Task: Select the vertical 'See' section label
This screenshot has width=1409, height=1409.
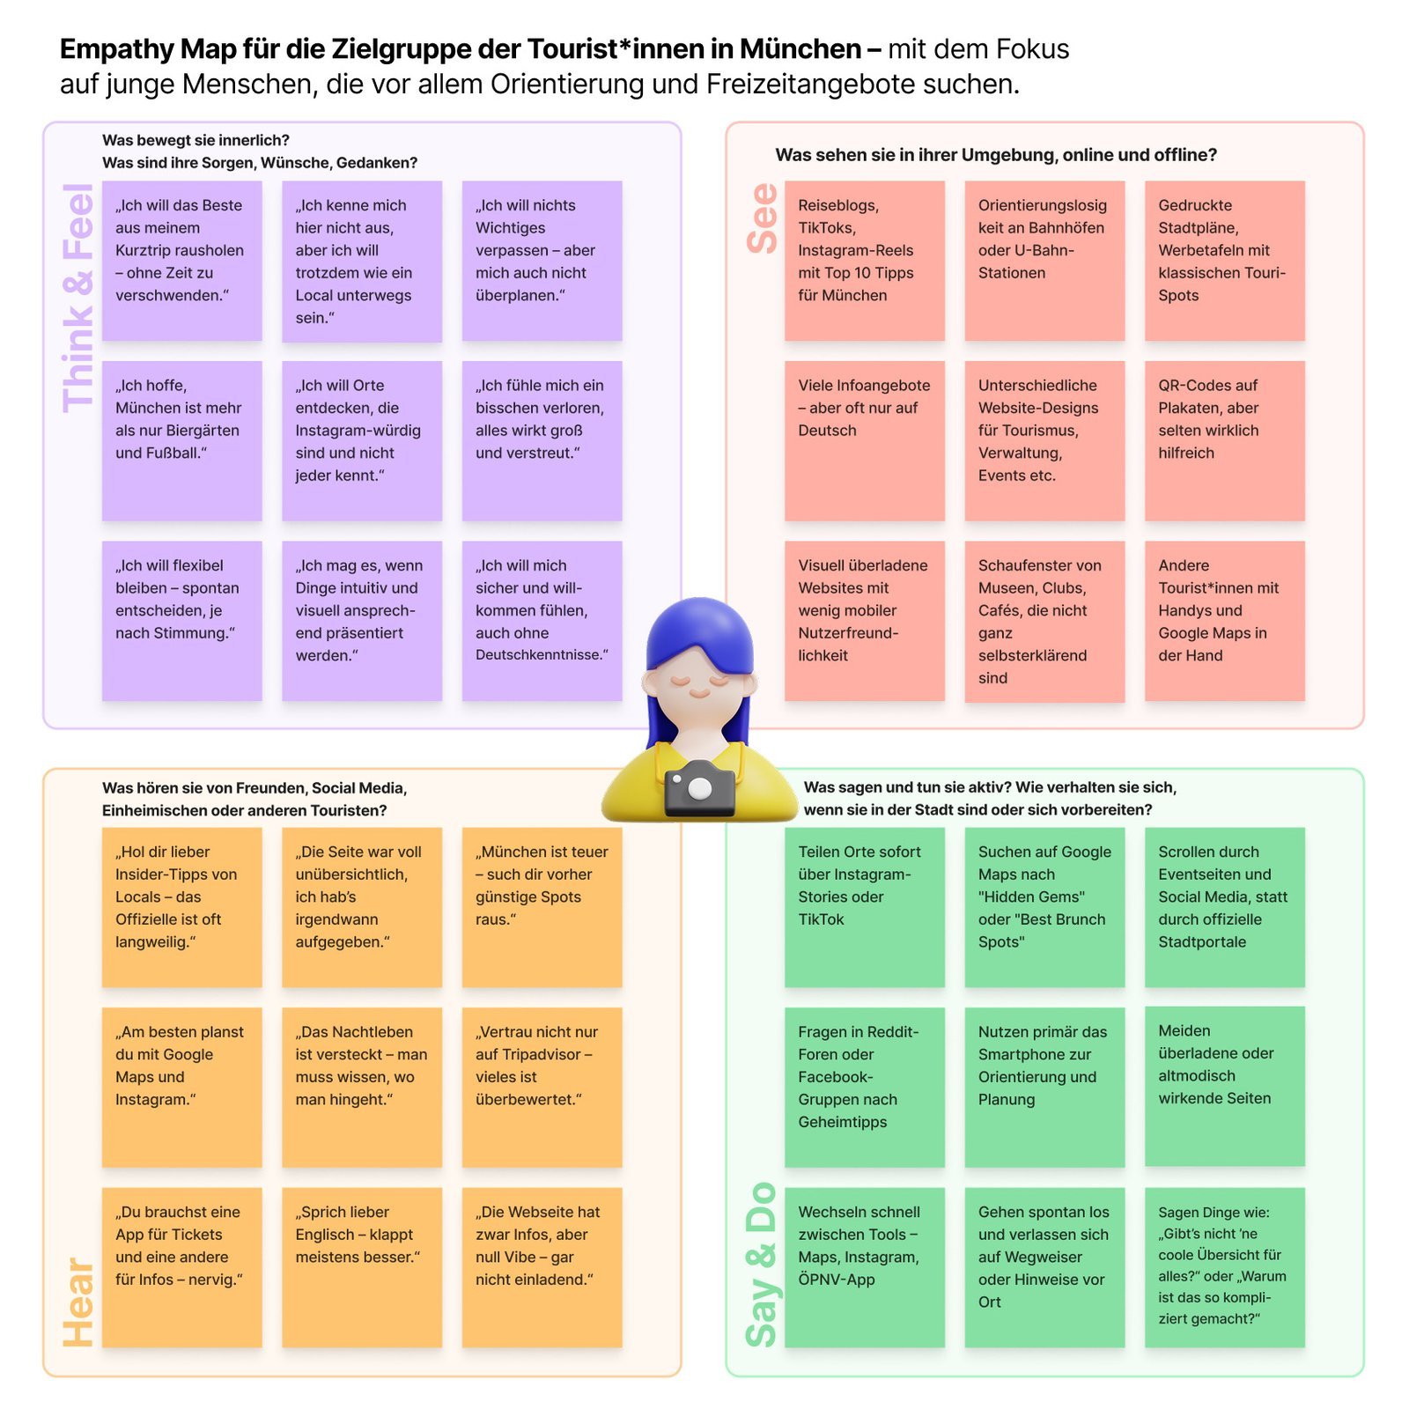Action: (x=763, y=218)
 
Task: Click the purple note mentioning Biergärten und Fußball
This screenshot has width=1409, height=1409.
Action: (x=181, y=440)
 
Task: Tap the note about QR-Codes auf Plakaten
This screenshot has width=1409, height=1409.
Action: (x=1224, y=440)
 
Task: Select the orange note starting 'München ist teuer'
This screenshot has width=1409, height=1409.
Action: (x=542, y=907)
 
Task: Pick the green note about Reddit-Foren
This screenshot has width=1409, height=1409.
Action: (x=864, y=1087)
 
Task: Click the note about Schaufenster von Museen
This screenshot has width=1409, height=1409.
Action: (x=1044, y=621)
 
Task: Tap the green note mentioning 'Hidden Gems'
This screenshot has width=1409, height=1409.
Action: (x=1044, y=907)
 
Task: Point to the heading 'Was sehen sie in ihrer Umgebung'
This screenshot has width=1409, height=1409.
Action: (x=995, y=155)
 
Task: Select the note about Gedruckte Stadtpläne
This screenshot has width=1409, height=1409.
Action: (x=1224, y=261)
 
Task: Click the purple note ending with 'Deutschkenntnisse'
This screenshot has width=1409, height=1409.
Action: (x=542, y=621)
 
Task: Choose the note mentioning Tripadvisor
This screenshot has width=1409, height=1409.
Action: (x=542, y=1087)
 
